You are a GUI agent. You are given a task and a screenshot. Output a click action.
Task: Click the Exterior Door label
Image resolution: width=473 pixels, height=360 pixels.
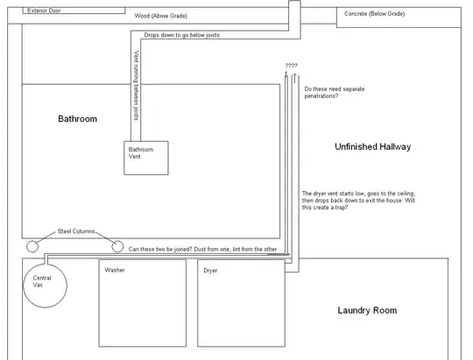point(46,11)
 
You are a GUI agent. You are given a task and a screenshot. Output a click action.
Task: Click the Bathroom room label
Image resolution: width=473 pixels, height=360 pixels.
point(77,118)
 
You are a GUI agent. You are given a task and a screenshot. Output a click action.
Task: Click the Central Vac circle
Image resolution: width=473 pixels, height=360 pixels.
point(42,286)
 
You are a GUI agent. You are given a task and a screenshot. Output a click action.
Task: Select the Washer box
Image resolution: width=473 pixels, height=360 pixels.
point(142,303)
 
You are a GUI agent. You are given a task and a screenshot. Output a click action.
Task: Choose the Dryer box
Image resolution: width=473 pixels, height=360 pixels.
point(242,303)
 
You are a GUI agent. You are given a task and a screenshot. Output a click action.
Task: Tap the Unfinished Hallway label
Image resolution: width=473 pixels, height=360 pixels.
point(372,146)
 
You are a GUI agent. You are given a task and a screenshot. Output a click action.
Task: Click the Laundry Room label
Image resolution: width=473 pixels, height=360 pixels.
point(367,310)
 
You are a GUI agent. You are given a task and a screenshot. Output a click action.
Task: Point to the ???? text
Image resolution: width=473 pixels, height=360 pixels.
point(291,67)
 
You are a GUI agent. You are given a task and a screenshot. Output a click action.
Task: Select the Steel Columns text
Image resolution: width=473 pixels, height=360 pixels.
point(76,232)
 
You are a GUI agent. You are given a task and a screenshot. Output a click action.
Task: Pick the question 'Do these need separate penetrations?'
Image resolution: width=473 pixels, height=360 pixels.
point(333,93)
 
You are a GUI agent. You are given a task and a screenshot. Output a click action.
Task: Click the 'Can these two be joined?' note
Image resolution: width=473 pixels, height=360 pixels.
point(203,249)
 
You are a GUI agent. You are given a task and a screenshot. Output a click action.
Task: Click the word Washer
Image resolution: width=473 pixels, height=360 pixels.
point(115,271)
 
